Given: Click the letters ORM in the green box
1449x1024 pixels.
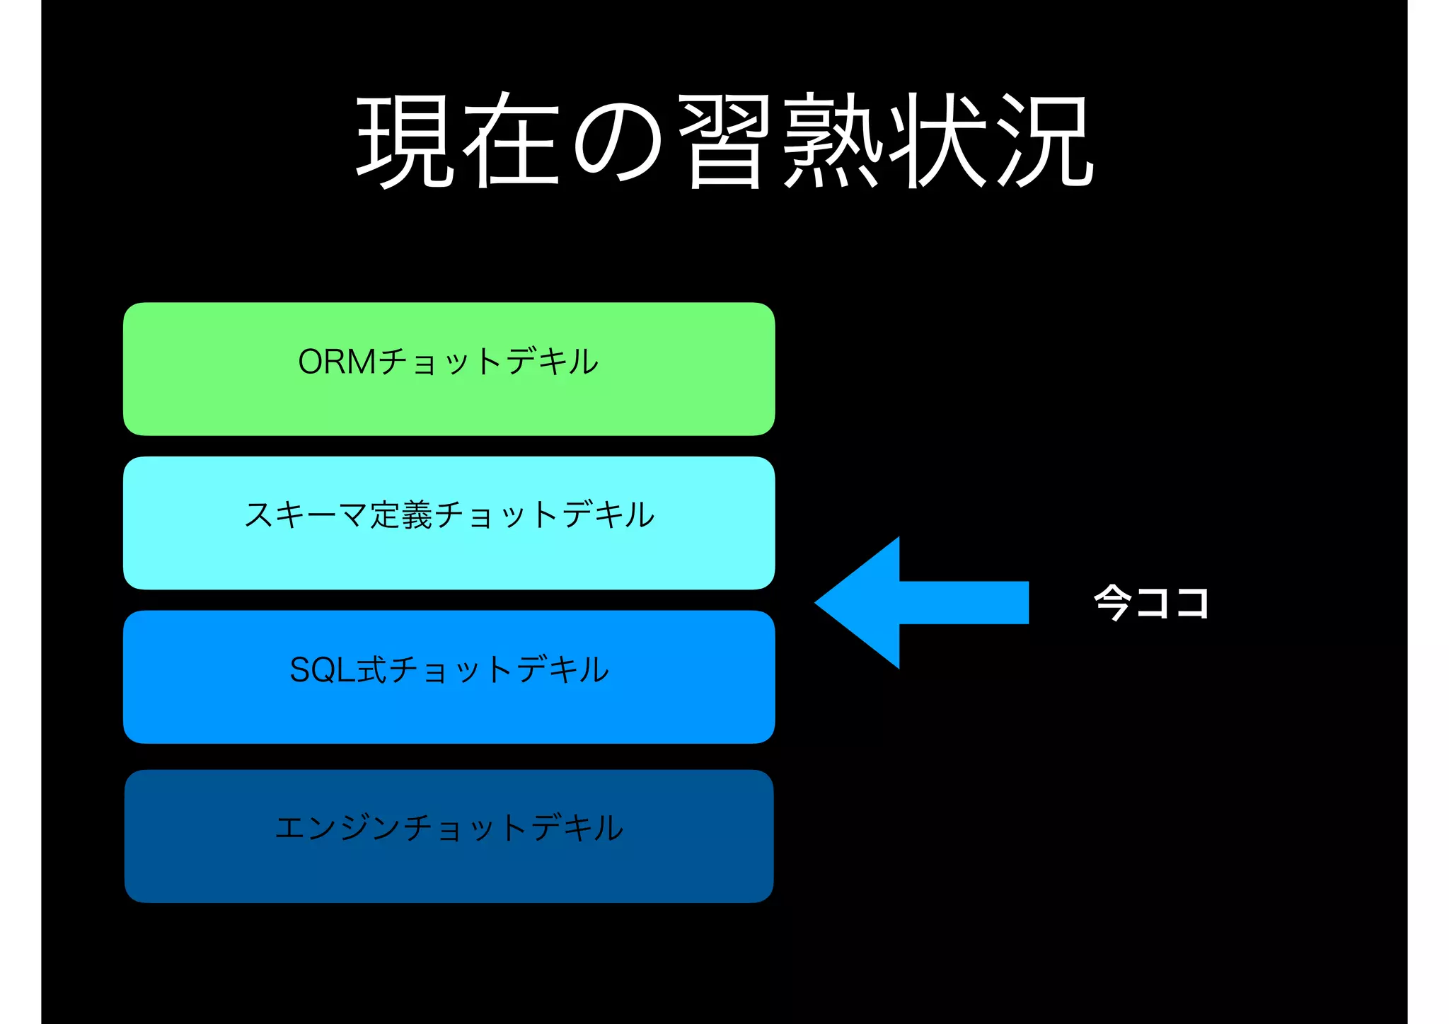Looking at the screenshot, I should pyautogui.click(x=337, y=362).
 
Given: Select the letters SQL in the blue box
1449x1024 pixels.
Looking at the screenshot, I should pyautogui.click(x=322, y=669).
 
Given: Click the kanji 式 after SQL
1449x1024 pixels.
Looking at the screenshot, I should pyautogui.click(x=371, y=669).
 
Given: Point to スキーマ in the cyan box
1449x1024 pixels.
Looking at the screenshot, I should pyautogui.click(x=305, y=514).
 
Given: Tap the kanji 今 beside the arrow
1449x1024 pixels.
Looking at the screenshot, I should pyautogui.click(x=1112, y=602).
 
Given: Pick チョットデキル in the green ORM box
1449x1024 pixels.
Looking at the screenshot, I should pyautogui.click(x=488, y=362).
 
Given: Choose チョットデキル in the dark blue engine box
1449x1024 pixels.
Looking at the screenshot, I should pyautogui.click(x=514, y=827).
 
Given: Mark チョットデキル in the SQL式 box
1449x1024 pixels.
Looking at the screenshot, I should pyautogui.click(x=499, y=669).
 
